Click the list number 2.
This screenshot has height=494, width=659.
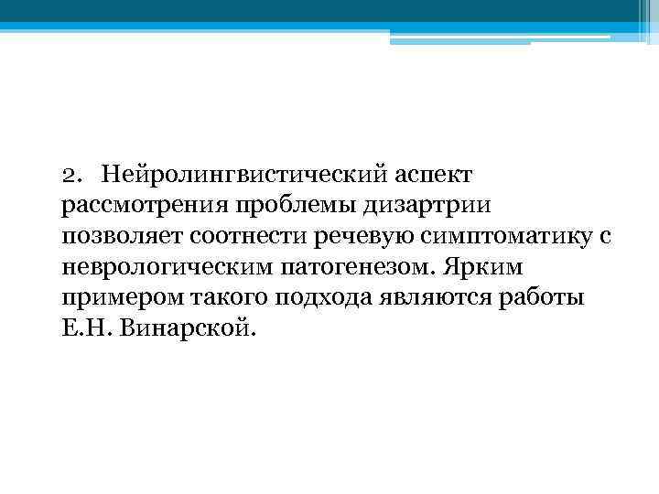tap(70, 174)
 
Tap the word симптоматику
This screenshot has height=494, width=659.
tap(502, 236)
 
